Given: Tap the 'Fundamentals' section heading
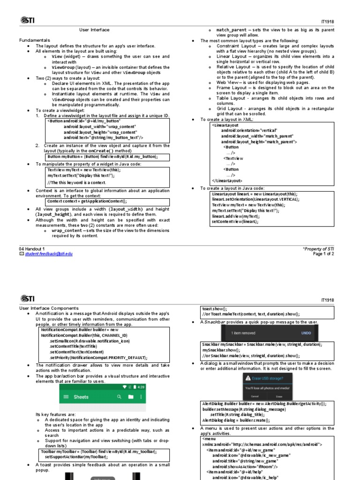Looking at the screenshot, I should coord(34,41).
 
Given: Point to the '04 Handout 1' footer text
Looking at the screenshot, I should coord(32,248).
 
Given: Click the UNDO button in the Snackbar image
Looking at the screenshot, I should coord(306,333).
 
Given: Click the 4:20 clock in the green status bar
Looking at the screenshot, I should coord(141,387).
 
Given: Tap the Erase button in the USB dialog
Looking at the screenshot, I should coord(278,396).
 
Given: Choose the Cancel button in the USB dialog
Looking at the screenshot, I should coord(255,396).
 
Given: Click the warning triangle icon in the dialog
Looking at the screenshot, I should coord(248,378).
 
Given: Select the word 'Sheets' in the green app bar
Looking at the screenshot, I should coord(81,397).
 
